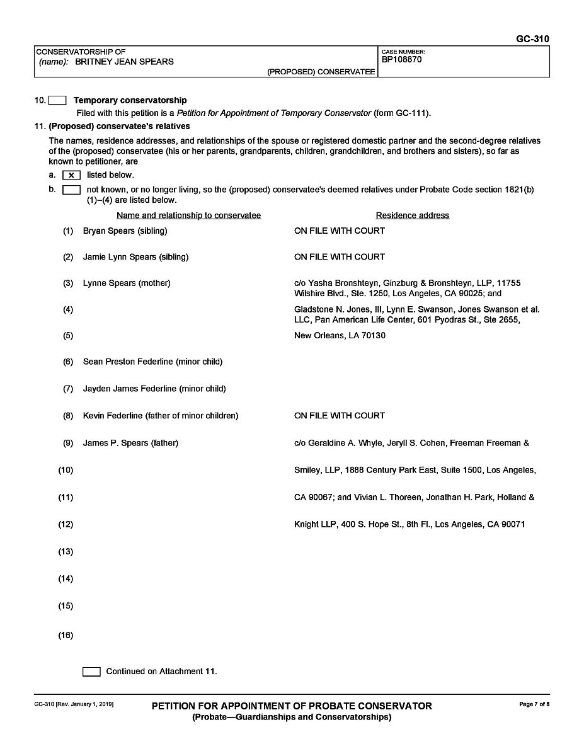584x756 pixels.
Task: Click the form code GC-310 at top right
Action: (x=532, y=39)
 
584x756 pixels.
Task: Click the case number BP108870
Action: (x=401, y=60)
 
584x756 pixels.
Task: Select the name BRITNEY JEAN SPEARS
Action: (x=124, y=62)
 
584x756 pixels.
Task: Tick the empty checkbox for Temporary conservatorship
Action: (x=57, y=100)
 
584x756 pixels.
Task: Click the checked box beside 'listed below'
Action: (x=71, y=175)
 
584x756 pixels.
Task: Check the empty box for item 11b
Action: (x=71, y=190)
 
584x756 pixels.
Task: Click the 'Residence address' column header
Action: (x=412, y=215)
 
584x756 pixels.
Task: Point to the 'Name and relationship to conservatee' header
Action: (x=188, y=215)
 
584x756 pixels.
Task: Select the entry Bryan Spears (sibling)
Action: (x=125, y=231)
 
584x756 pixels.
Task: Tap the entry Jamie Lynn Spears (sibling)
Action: (x=135, y=257)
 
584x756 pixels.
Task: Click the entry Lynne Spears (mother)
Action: (x=127, y=283)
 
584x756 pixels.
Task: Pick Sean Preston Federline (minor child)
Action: (x=152, y=362)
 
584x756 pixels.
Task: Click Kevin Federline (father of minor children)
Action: (x=161, y=416)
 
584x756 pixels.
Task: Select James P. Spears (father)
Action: (x=130, y=443)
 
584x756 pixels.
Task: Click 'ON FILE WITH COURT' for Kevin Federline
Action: (x=339, y=416)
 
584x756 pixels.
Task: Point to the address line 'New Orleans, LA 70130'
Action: (x=340, y=336)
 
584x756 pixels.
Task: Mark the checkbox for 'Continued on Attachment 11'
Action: (x=91, y=672)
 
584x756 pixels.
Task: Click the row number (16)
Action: (x=66, y=635)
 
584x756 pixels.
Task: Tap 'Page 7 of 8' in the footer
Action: (x=534, y=704)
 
